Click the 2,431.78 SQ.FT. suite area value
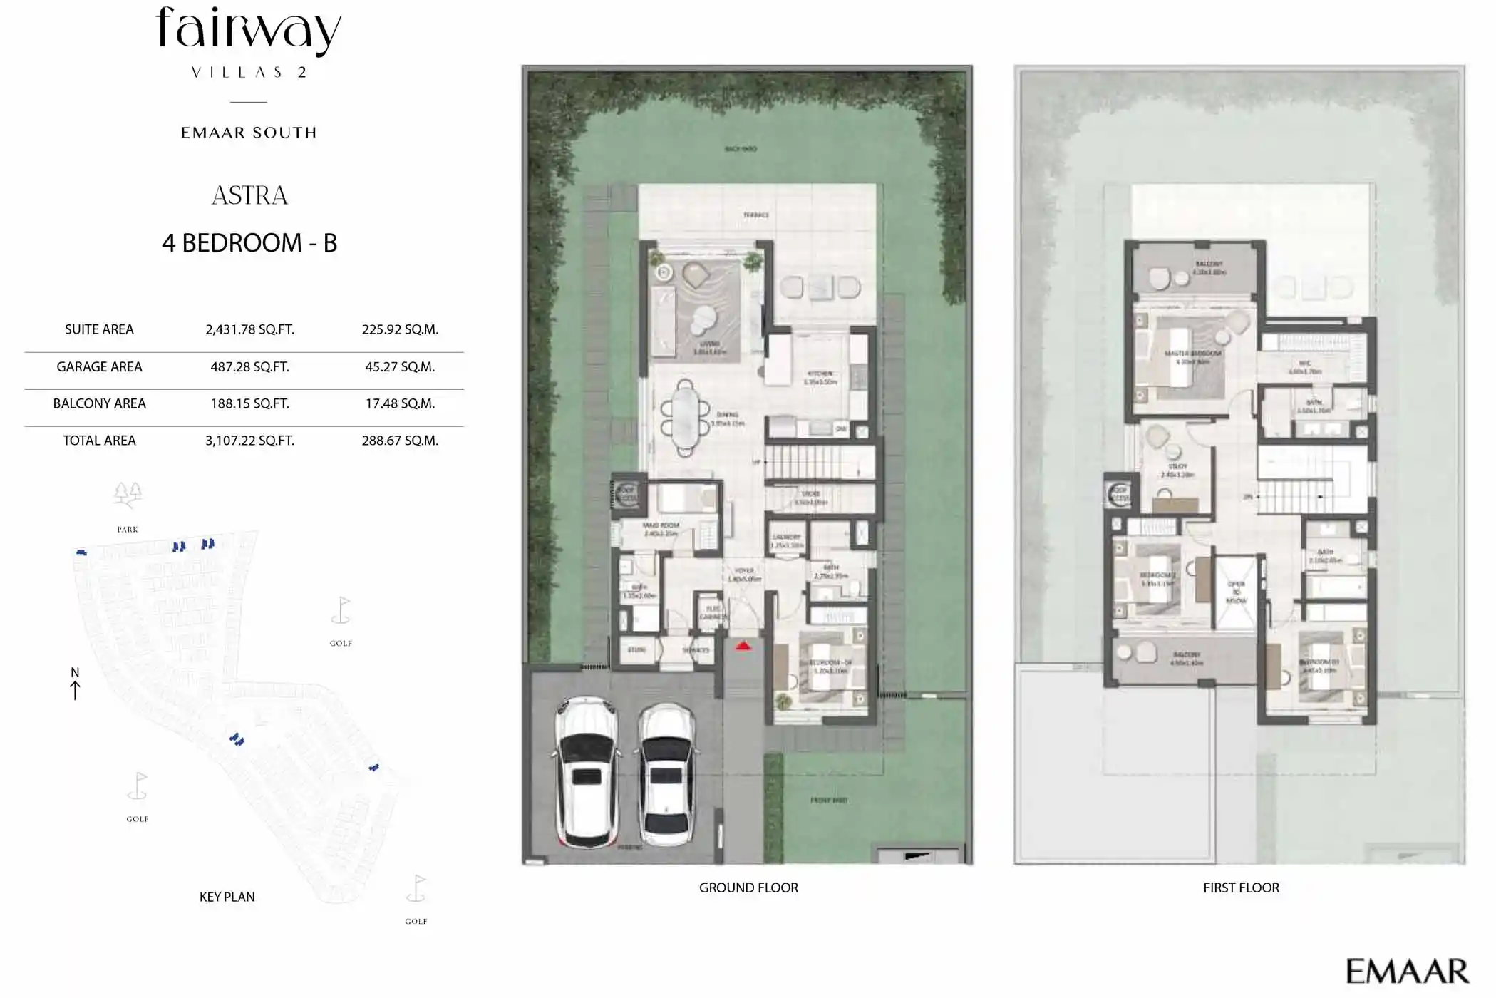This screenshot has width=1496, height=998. coord(249,329)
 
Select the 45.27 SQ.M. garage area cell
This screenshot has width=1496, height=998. coord(400,366)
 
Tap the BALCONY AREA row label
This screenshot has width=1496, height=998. coord(99,403)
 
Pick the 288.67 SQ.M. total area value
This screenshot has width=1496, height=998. coord(400,441)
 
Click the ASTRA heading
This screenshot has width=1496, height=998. coord(249,195)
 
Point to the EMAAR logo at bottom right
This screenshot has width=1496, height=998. coord(1407,971)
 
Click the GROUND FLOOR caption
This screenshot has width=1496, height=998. coord(748,888)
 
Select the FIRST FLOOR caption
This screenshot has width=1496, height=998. coord(1241,888)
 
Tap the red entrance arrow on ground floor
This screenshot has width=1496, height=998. coord(743,646)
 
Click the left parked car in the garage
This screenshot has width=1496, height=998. coord(586,772)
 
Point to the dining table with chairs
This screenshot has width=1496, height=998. coord(685,418)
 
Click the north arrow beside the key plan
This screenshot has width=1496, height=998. coord(75,684)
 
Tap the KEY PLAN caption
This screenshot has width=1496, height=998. coord(227,897)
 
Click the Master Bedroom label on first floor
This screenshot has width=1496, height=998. coord(1192,354)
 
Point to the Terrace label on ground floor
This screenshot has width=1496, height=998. coord(755,215)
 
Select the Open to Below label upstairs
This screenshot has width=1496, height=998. coord(1236,592)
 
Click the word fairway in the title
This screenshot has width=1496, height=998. coord(249,30)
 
